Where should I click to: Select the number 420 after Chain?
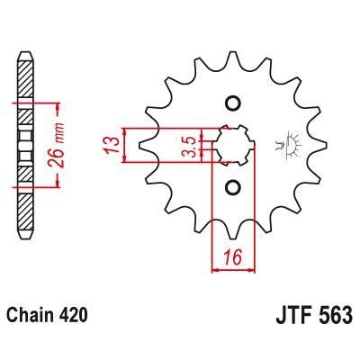[x=74, y=317]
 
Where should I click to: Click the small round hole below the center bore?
[x=231, y=188]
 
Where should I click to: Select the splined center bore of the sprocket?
[x=231, y=145]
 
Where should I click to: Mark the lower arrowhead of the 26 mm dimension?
[x=57, y=183]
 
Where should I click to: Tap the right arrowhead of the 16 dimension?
[x=250, y=267]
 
